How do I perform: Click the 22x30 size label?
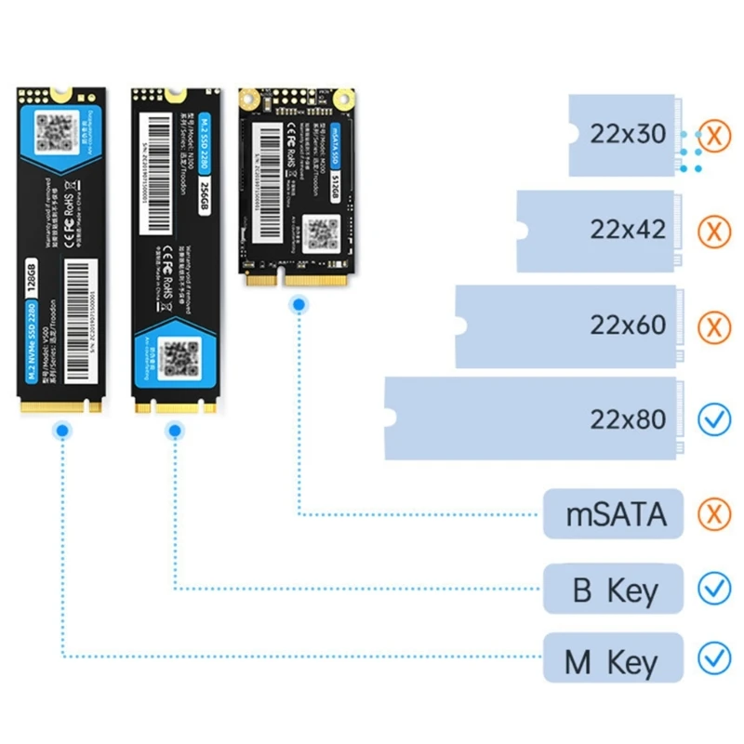pyautogui.click(x=628, y=135)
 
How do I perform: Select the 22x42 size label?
pyautogui.click(x=628, y=230)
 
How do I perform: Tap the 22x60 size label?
pyautogui.click(x=628, y=325)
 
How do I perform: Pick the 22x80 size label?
pyautogui.click(x=628, y=419)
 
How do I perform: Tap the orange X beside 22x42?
pyautogui.click(x=714, y=231)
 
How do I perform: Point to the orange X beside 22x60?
pyautogui.click(x=714, y=326)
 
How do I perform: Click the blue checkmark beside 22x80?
pyautogui.click(x=714, y=420)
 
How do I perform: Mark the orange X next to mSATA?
pyautogui.click(x=714, y=514)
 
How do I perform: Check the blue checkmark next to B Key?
pyautogui.click(x=714, y=589)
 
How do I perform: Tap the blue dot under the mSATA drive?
pyautogui.click(x=299, y=304)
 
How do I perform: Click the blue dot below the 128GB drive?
pyautogui.click(x=62, y=431)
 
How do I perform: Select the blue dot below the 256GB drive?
pyautogui.click(x=174, y=431)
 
